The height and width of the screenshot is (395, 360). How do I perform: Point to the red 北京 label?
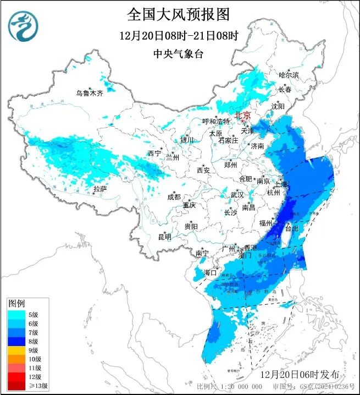pyautogui.click(x=242, y=115)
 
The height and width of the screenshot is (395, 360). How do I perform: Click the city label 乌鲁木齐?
pyautogui.click(x=90, y=94)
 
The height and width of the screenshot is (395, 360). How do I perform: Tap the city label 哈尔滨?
pyautogui.click(x=289, y=75)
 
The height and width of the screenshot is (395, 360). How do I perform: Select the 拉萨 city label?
pyautogui.click(x=99, y=189)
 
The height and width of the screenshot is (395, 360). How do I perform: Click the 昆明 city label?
pyautogui.click(x=164, y=237)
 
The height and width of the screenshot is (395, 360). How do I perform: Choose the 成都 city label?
pyautogui.click(x=174, y=197)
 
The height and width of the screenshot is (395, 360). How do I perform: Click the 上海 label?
pyautogui.click(x=281, y=185)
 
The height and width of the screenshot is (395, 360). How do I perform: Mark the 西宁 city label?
pyautogui.click(x=154, y=153)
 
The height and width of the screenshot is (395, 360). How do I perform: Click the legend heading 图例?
pyautogui.click(x=16, y=304)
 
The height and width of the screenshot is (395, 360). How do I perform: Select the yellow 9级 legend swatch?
pyautogui.click(x=15, y=350)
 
